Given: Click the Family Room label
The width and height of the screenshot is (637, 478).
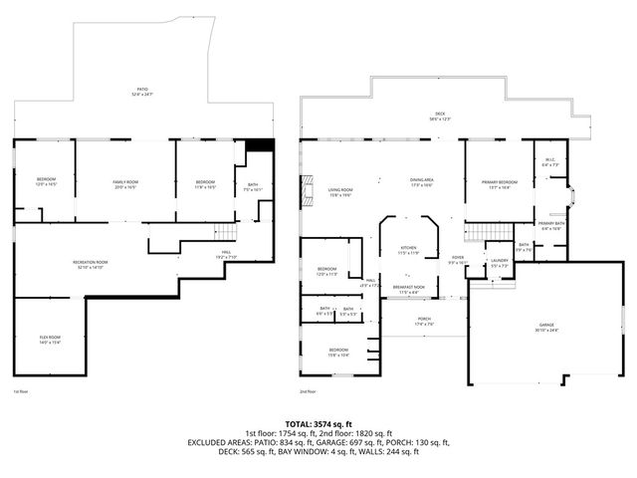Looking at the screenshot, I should pos(124,184).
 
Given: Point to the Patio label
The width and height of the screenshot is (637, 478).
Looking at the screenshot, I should pos(142,92).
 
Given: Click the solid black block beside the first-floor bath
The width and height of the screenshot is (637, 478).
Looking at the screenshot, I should pos(259,145).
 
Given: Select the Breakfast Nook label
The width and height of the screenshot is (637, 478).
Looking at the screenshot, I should pos(408,289).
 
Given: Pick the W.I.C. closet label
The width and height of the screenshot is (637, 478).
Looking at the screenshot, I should pos(549,162).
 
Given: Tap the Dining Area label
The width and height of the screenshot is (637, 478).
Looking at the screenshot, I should pos(422,182).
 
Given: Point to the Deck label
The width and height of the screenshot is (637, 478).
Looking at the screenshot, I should pos(441,118).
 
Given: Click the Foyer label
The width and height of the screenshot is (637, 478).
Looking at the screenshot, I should pos(458,261).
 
